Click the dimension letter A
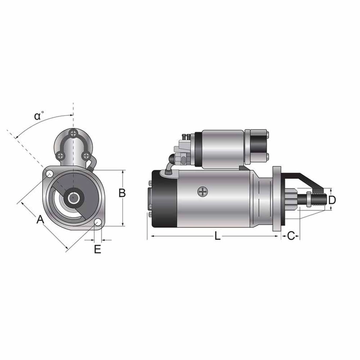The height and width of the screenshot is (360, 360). click(x=40, y=220)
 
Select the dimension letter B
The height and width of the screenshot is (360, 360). click(x=122, y=193)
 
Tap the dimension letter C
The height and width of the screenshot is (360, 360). click(x=291, y=236)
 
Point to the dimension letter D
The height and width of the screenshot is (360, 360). click(x=332, y=199)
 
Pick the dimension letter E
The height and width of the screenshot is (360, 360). click(x=98, y=249)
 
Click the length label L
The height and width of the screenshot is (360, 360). click(x=218, y=236)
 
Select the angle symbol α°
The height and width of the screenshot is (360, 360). click(x=39, y=116)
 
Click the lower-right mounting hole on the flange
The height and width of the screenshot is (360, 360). click(x=97, y=222)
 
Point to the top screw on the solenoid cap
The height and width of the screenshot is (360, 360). click(x=75, y=134)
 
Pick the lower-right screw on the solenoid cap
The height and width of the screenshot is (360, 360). click(x=86, y=155)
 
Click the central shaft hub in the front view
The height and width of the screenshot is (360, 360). click(x=73, y=197)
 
